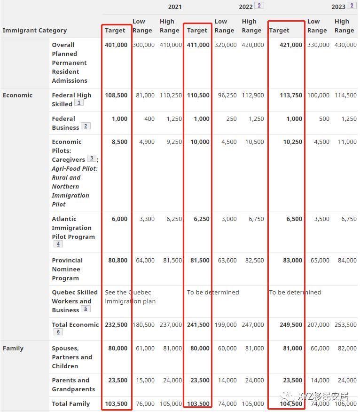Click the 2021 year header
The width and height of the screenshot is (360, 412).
(x=174, y=7)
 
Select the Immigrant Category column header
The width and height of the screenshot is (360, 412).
(x=35, y=31)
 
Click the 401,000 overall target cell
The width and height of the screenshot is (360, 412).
(x=115, y=45)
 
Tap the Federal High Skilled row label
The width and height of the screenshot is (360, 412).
(x=71, y=99)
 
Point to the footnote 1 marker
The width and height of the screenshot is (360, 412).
(x=79, y=103)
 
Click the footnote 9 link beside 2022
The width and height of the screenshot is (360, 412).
(x=259, y=6)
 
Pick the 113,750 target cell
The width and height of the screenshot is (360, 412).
(x=291, y=95)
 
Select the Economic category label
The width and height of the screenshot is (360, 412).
(x=18, y=95)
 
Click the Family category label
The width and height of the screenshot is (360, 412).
(x=13, y=349)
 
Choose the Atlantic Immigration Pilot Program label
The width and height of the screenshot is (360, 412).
(x=73, y=228)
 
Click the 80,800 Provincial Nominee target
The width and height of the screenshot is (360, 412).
(x=117, y=261)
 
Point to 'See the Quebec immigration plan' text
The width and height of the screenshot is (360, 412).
(x=130, y=297)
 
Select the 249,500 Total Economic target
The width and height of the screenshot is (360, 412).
(x=291, y=325)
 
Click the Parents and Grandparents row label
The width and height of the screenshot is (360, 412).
(x=73, y=385)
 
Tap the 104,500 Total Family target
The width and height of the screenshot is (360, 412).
(x=291, y=404)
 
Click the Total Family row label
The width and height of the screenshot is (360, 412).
(x=71, y=404)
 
